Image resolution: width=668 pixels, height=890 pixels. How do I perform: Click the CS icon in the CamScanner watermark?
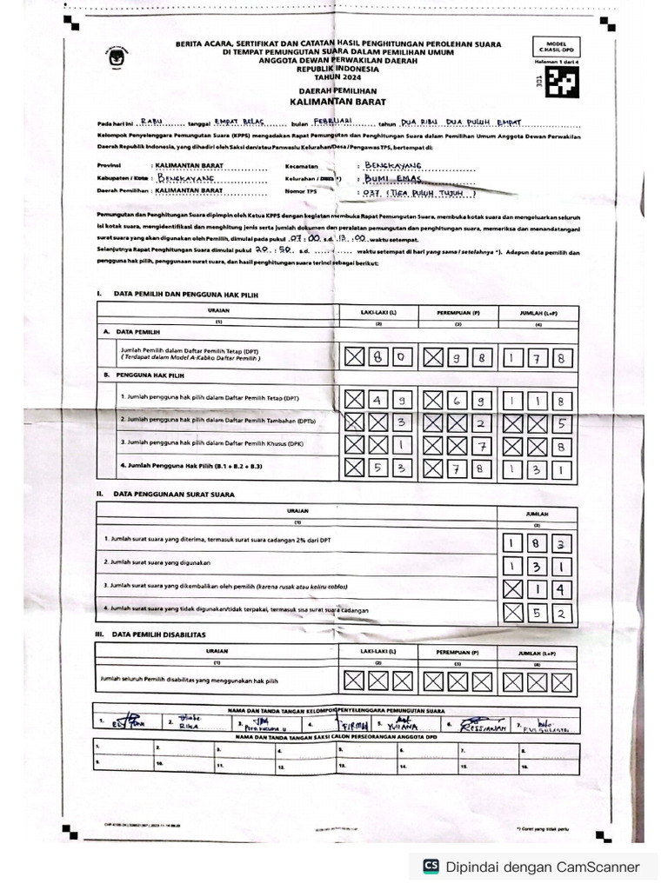pos(430,866)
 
